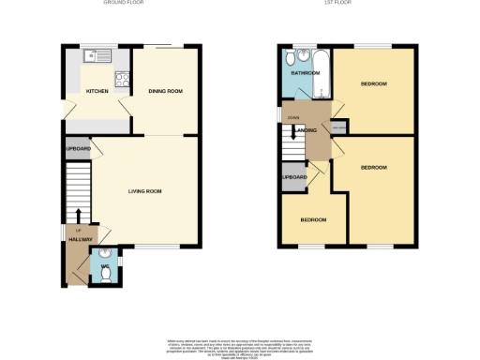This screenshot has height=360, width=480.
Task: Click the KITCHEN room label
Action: (97, 92)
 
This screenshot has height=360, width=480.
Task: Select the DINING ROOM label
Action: (165, 91)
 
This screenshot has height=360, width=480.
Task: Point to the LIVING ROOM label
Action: (145, 191)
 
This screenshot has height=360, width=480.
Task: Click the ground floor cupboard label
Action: (78, 149)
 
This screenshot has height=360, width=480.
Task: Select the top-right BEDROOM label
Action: (373, 84)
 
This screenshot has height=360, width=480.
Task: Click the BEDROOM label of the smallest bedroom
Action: (313, 219)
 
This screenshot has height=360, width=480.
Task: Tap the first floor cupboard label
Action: (294, 177)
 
